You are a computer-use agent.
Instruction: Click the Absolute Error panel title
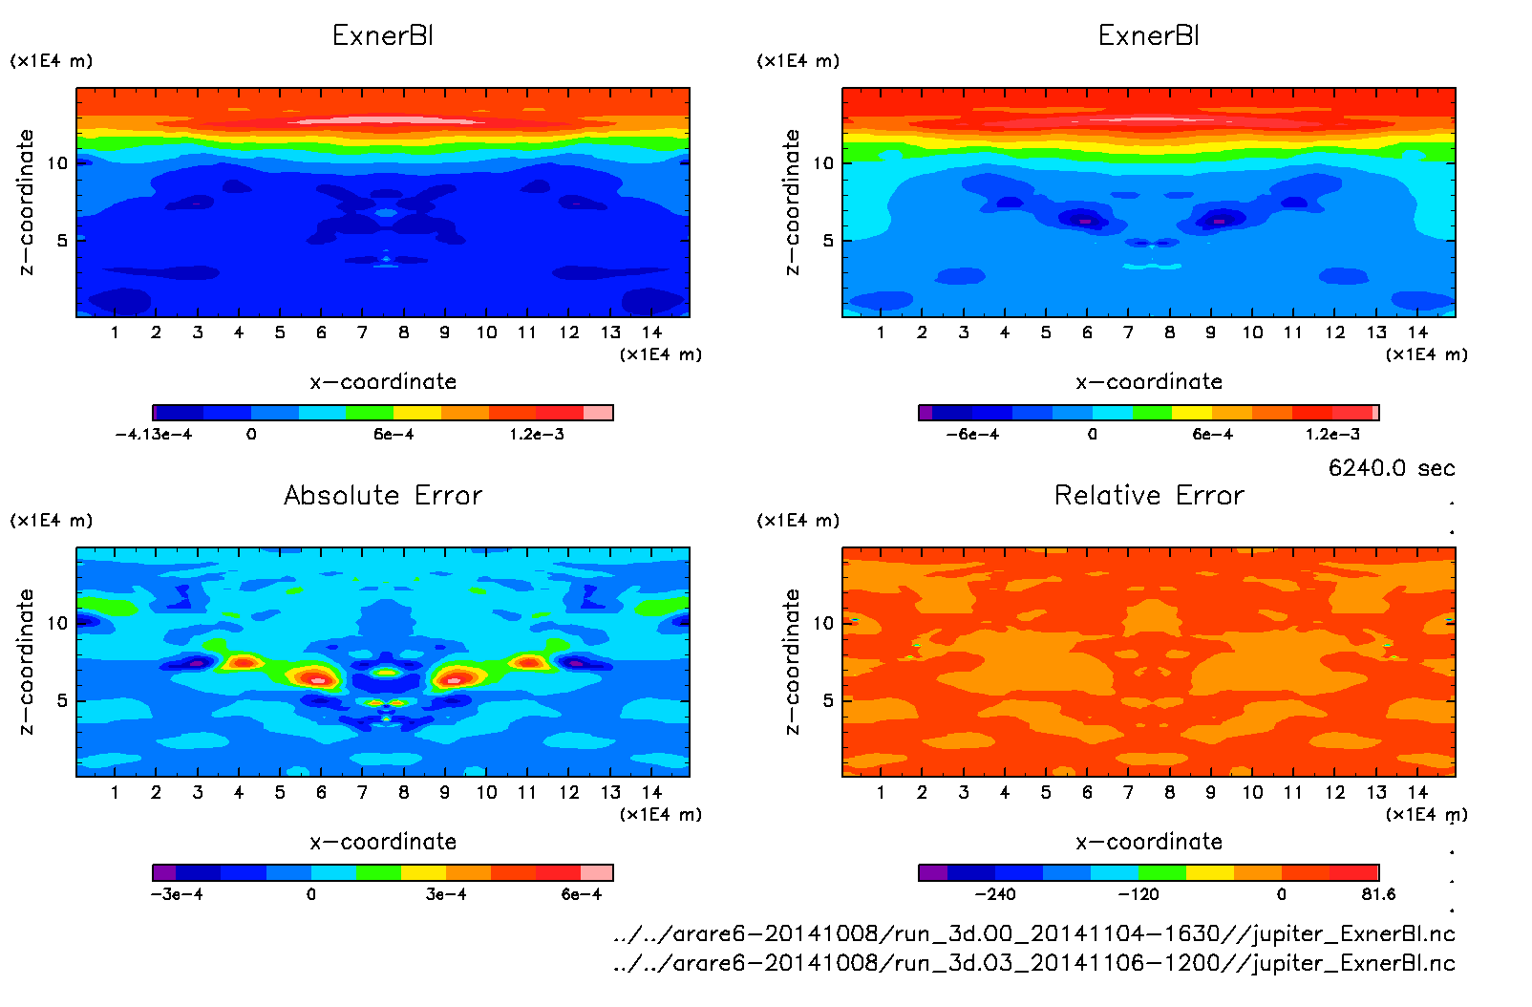[x=383, y=496]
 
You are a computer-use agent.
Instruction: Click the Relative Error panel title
[x=1149, y=496]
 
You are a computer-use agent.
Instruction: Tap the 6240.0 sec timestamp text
[x=1391, y=468]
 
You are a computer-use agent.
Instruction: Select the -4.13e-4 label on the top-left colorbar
[x=153, y=435]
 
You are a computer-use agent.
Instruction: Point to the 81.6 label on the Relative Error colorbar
[x=1378, y=894]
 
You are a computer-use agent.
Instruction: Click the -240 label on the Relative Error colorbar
[x=994, y=894]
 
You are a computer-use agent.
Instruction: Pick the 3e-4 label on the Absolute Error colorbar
[x=446, y=894]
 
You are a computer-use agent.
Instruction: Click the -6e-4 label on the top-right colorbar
[x=972, y=435]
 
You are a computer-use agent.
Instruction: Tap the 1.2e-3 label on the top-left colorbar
[x=536, y=435]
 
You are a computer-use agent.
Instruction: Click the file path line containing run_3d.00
[x=1034, y=933]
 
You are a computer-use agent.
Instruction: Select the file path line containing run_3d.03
[x=1034, y=962]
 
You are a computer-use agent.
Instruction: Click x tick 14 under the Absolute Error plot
[x=651, y=792]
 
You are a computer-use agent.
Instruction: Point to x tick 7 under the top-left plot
[x=362, y=332]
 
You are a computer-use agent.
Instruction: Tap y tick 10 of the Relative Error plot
[x=823, y=623]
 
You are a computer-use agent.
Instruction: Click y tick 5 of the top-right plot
[x=828, y=241]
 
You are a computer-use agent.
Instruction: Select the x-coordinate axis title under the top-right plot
[x=1149, y=382]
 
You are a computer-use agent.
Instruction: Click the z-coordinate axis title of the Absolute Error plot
[x=26, y=661]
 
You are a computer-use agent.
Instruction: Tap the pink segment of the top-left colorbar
[x=598, y=413]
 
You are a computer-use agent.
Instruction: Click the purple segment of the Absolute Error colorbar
[x=164, y=872]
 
